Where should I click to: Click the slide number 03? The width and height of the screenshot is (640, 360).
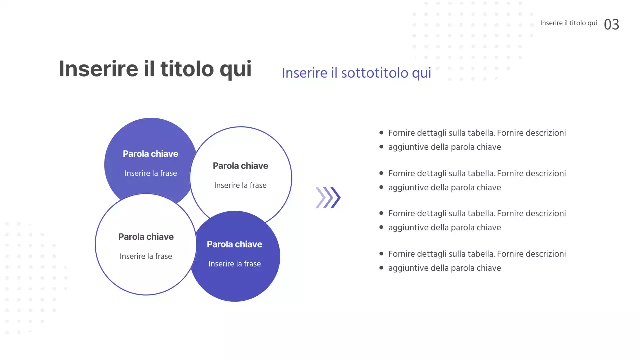(x=611, y=24)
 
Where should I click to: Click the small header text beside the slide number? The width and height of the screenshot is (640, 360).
(x=568, y=23)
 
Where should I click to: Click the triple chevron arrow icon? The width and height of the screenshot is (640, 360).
(x=328, y=197)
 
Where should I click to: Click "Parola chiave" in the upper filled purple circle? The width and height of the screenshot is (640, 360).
(x=150, y=154)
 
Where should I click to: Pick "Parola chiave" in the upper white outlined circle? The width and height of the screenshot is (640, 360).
(x=240, y=166)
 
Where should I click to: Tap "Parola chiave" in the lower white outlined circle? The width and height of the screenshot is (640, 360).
(x=146, y=237)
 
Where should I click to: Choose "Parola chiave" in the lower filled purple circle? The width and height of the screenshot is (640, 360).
(x=234, y=244)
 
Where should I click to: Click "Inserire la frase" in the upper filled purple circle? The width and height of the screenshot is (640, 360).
(x=150, y=173)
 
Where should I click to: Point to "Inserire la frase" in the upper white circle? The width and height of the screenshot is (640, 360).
(x=240, y=185)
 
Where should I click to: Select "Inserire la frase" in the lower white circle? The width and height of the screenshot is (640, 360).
(x=146, y=256)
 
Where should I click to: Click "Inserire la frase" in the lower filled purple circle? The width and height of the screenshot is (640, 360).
(x=234, y=264)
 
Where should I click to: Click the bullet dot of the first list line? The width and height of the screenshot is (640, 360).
(x=382, y=133)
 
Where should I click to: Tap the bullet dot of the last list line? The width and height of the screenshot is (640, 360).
(x=382, y=268)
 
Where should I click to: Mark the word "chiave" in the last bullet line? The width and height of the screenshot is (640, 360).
(x=487, y=268)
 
